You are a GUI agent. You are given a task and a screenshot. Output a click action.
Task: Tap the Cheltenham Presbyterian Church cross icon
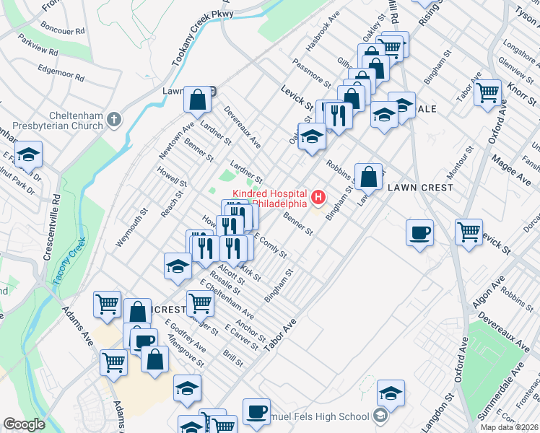[113, 120]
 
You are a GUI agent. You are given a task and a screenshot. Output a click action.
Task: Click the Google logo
[24, 425]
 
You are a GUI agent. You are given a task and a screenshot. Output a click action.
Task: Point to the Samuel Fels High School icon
[380, 416]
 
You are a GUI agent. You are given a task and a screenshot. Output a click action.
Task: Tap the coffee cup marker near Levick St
[419, 233]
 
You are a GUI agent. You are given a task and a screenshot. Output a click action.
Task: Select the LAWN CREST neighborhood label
[420, 188]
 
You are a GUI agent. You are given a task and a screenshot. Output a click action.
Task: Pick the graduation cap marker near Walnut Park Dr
[28, 154]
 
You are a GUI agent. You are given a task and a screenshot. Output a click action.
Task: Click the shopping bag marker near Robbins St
[368, 175]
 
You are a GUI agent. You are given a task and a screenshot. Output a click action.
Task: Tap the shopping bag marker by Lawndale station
[197, 100]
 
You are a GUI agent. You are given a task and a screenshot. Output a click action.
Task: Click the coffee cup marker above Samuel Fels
[256, 411]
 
